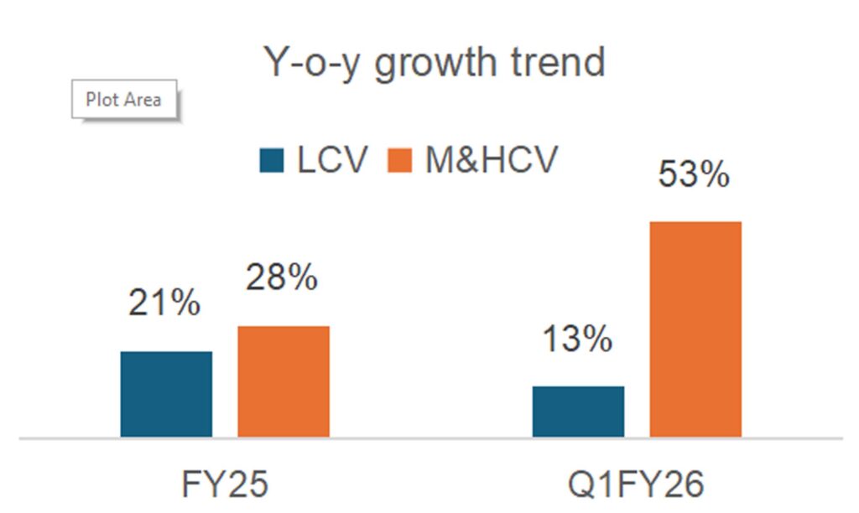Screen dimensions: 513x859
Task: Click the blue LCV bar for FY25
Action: [x=166, y=394]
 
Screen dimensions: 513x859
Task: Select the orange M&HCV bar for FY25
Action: [x=284, y=381]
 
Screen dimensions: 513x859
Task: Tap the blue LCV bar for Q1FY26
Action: [x=578, y=412]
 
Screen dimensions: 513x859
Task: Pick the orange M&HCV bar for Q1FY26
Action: [x=695, y=329]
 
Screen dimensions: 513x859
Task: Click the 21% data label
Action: [x=164, y=303]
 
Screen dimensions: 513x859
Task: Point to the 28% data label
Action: [x=282, y=277]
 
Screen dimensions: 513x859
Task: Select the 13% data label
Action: [x=576, y=339]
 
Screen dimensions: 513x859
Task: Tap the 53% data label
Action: [x=694, y=175]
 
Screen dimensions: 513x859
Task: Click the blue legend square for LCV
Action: [x=273, y=160]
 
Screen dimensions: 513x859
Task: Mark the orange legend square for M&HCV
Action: [x=400, y=160]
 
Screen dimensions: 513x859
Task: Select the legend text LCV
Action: [x=332, y=159]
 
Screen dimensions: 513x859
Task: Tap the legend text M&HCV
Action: [x=491, y=159]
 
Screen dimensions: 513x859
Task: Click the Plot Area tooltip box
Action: [x=124, y=100]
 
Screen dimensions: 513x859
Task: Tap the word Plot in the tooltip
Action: [x=102, y=100]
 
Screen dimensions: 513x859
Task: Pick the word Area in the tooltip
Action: [x=142, y=100]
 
